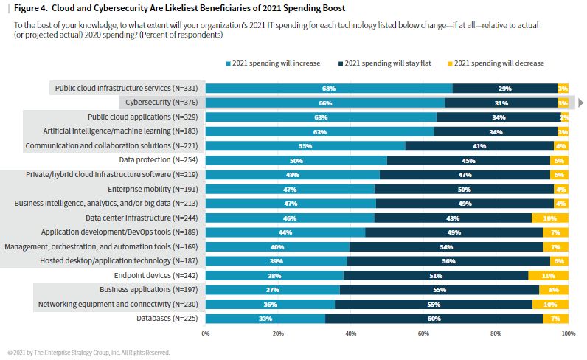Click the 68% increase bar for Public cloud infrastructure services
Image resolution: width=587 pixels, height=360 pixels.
[328, 89]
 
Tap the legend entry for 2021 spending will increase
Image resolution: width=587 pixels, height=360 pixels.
[272, 63]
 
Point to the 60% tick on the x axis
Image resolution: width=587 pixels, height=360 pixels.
[423, 333]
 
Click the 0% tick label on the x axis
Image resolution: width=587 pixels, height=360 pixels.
[206, 333]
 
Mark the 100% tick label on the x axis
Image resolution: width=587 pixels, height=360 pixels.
[567, 333]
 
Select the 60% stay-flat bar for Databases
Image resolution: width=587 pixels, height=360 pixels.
[434, 319]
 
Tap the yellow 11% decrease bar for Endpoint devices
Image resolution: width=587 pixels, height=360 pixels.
[548, 275]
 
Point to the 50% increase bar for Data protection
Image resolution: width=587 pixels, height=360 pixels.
[296, 160]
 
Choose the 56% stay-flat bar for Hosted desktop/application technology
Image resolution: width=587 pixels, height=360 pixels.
[448, 260]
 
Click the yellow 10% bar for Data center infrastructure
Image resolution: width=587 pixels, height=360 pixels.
[550, 218]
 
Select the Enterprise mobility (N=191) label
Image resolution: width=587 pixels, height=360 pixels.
[154, 189]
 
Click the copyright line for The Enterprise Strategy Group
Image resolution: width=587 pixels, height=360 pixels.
[88, 353]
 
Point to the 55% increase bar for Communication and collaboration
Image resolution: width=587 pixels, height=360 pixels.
[305, 146]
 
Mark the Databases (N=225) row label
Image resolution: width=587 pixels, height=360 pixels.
[167, 319]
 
